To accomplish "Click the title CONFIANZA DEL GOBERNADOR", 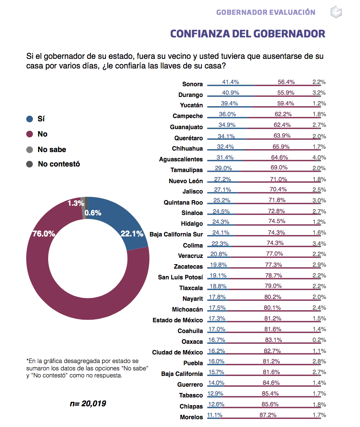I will point(247,34).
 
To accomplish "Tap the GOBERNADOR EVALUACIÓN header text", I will point(266,12).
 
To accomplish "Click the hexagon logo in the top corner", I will point(336,11).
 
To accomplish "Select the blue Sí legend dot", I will point(30,119).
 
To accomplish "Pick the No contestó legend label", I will point(59,164).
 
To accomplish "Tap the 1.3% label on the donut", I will point(76,203).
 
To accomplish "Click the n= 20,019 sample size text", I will point(88,403).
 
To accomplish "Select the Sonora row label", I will point(192,84).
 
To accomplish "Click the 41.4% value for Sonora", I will point(230,82).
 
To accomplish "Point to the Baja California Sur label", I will point(176,234).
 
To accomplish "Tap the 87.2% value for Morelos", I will point(268,415).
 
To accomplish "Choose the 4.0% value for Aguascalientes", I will point(319,157).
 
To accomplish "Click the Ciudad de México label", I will point(177,352).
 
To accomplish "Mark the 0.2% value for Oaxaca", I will point(319,340).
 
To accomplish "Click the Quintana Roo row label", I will point(183,202).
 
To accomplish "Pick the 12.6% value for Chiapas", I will point(216,404).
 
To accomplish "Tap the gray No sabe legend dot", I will point(30,150).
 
